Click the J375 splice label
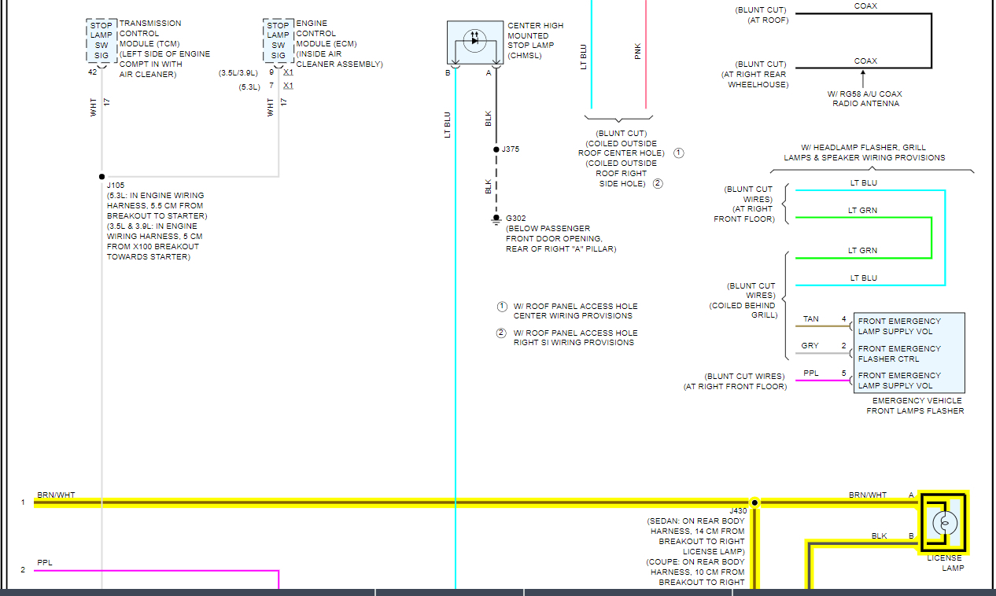(x=510, y=149)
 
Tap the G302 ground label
(x=516, y=218)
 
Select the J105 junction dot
(x=101, y=177)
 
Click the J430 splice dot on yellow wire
(x=754, y=502)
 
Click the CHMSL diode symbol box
(x=475, y=42)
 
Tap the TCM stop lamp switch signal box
(x=101, y=40)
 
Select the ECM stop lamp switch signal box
(x=279, y=40)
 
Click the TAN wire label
(x=810, y=319)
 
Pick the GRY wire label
(x=810, y=346)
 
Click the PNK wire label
(x=637, y=51)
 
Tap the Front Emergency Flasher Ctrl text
(x=899, y=354)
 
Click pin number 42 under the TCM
(x=93, y=72)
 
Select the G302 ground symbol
(x=496, y=218)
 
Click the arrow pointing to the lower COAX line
(x=863, y=77)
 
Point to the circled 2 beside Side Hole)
(x=658, y=184)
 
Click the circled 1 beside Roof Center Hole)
(x=678, y=153)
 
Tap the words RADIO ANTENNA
(x=865, y=104)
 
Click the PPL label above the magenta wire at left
(x=44, y=562)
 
